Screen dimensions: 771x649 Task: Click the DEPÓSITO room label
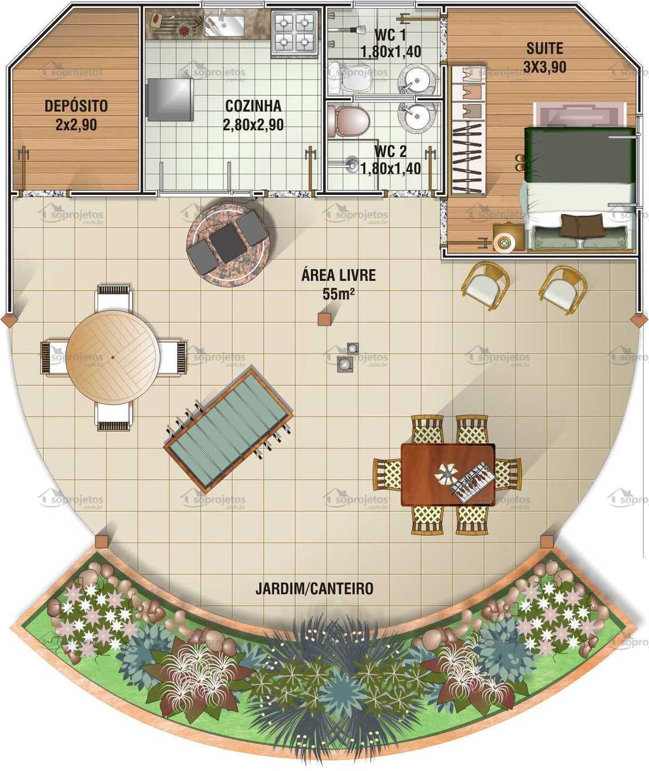[x=76, y=106]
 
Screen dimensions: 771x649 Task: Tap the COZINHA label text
[x=253, y=106]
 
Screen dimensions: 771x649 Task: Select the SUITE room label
[x=544, y=48]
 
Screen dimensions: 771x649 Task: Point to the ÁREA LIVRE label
[x=338, y=275]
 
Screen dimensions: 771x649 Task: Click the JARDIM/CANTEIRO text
[x=314, y=588]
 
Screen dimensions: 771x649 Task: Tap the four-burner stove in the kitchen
[x=294, y=32]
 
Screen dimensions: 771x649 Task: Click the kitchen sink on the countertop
[x=225, y=25]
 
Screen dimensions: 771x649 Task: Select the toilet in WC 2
[x=348, y=120]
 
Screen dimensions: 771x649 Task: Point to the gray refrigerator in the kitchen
[x=170, y=99]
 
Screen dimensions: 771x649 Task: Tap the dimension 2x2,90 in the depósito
[x=76, y=125]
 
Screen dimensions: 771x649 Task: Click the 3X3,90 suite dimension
[x=544, y=67]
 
